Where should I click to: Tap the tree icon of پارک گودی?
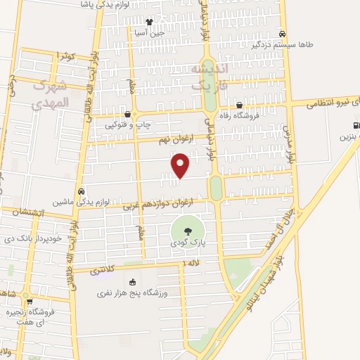tap(187, 230)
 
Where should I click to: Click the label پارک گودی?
tap(187, 242)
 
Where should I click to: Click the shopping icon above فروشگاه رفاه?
tap(240, 105)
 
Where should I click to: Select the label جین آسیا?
tap(150, 32)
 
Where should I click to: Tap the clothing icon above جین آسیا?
tap(148, 21)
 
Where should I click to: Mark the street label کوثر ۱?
tap(65, 56)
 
